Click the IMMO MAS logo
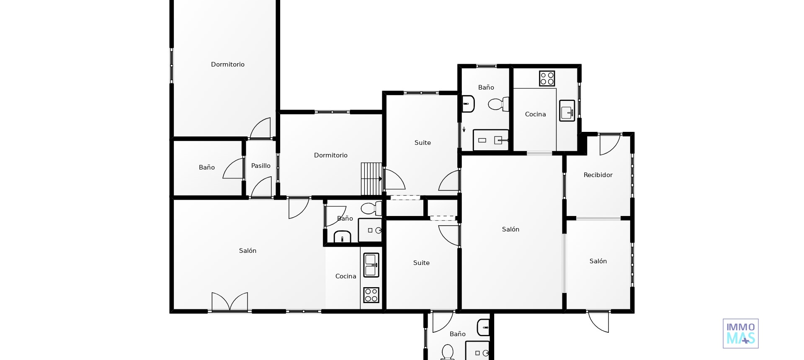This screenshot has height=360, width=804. tap(740, 334)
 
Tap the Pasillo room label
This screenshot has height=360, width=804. tap(261, 166)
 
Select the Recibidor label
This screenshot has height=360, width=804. tap(598, 175)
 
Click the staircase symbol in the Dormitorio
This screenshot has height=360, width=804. tap(371, 179)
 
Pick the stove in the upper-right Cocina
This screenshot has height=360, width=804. tap(547, 78)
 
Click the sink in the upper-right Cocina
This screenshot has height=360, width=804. tap(567, 111)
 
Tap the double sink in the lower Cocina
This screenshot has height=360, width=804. tap(371, 265)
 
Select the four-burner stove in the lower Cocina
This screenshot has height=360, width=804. tap(371, 295)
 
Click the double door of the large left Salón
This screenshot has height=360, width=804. tap(229, 302)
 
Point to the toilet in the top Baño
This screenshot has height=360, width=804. tap(498, 104)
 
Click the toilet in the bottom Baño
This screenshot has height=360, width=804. tap(447, 352)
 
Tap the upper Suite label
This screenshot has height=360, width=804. tap(423, 143)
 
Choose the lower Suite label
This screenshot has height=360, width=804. tap(421, 263)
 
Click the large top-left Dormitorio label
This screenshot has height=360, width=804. tap(227, 64)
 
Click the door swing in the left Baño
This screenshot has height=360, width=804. tap(234, 169)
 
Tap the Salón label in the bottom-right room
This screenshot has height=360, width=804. tap(598, 261)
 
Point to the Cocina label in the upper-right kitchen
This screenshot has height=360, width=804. tap(535, 114)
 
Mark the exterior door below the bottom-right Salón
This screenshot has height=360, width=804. tap(599, 321)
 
